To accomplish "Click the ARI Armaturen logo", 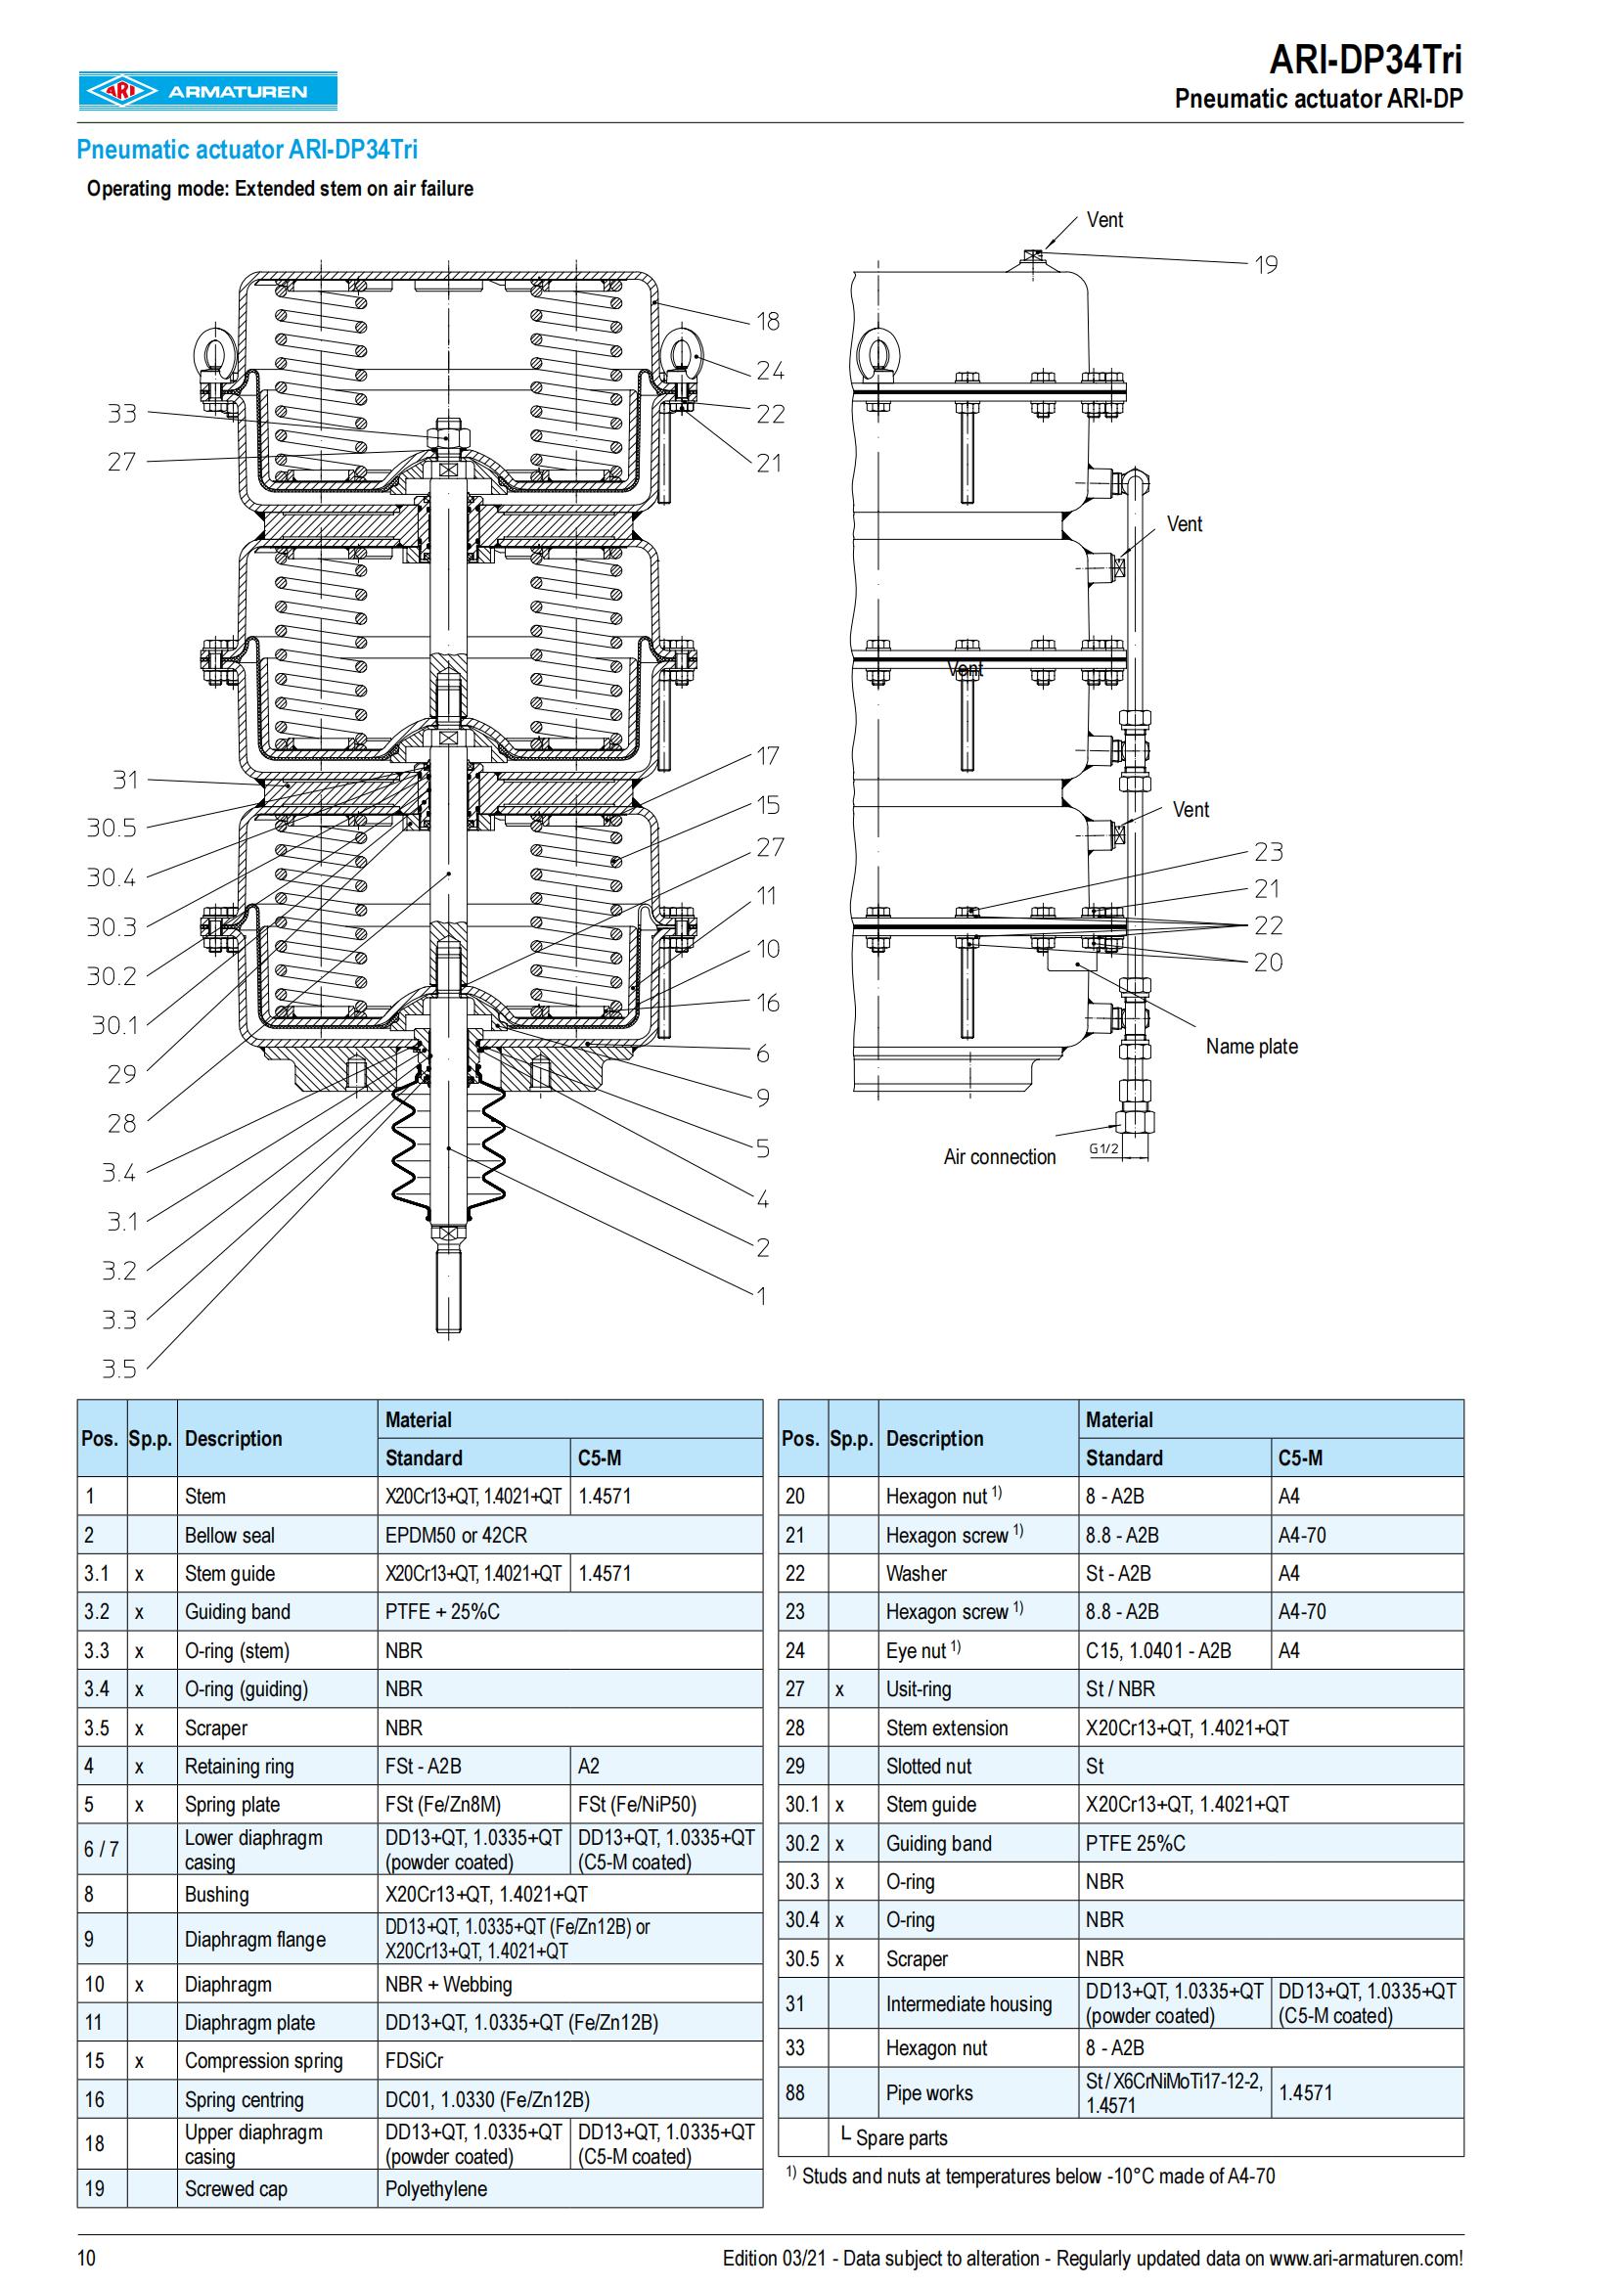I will pos(207,92).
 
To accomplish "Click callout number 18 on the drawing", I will pos(767,321).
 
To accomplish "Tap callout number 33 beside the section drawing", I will pos(121,414).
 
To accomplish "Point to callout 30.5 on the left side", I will pos(111,829).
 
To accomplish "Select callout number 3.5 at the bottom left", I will pos(118,1368).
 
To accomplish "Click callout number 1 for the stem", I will pos(762,1295).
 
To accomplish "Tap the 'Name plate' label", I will pos(1251,1047).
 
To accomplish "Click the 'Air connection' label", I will pos(1000,1157).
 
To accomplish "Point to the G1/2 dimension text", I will pos(1102,1148).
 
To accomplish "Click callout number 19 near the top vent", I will pos(1265,265).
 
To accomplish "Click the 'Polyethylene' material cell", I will pos(436,2189).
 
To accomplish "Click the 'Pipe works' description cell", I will pos(929,2093).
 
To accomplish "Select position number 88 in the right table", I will pos(795,2093).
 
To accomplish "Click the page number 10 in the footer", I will pos(87,2258).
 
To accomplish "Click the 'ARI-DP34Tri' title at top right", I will pos(1365,60).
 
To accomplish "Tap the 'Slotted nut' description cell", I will pos(928,1767).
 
